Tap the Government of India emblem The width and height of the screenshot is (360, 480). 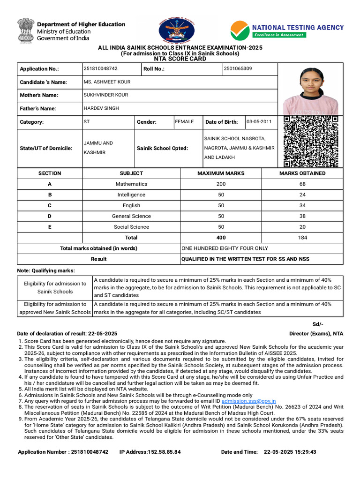click(25, 30)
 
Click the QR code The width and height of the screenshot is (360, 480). click(311, 142)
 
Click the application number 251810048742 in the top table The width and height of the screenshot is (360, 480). click(100, 69)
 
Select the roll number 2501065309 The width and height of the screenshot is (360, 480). click(238, 69)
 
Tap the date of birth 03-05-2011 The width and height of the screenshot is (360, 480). click(259, 122)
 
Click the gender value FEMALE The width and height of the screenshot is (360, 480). click(184, 122)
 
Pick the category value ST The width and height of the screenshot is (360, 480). click(87, 122)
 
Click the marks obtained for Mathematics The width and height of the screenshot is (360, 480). click(302, 184)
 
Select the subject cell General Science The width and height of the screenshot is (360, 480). click(131, 216)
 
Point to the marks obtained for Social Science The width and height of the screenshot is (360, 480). click(302, 227)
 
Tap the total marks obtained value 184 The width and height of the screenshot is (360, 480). click(302, 238)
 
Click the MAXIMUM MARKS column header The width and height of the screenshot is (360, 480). click(221, 173)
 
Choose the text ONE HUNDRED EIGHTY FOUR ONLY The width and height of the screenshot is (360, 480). click(225, 248)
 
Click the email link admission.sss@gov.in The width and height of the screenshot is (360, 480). click(248, 401)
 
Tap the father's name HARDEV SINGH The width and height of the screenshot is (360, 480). click(101, 108)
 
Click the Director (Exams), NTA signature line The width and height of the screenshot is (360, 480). click(316, 334)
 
